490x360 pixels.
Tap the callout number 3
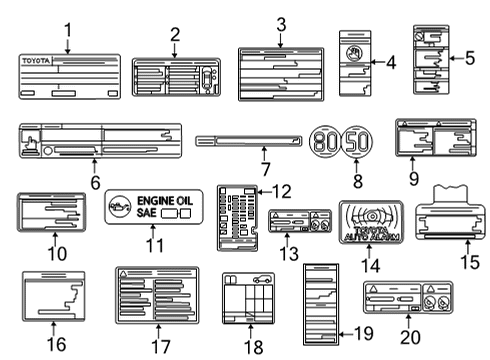point(281,25)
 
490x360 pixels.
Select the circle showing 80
point(325,141)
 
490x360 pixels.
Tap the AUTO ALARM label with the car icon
point(370,223)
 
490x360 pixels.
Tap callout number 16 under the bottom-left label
point(56,343)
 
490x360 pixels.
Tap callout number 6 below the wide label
point(95,183)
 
